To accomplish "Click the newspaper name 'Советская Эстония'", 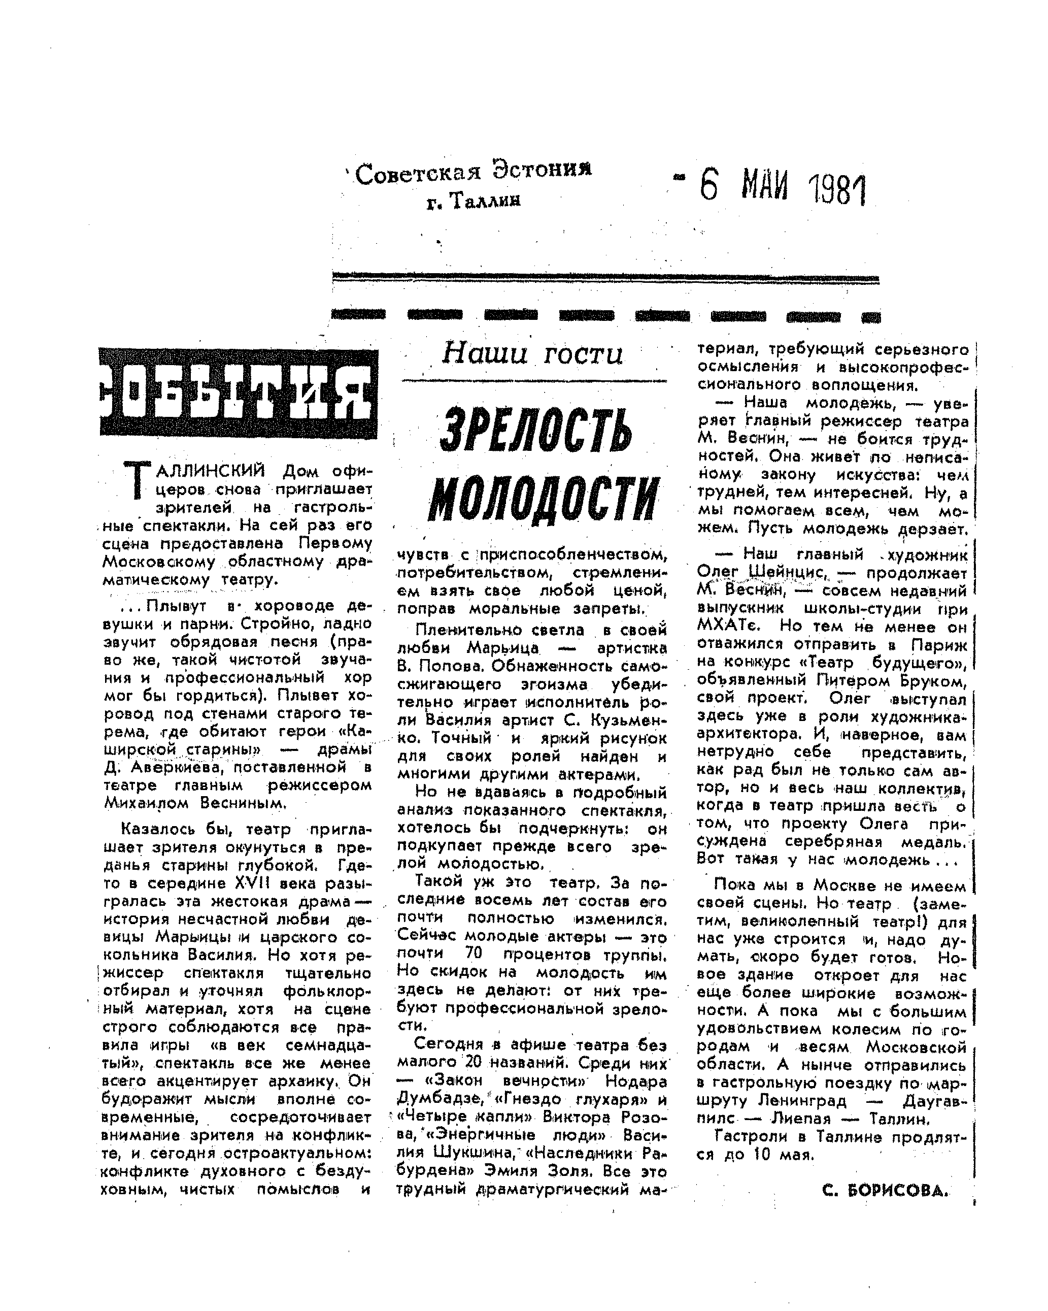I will [x=473, y=173].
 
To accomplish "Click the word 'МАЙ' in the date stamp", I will [x=764, y=187].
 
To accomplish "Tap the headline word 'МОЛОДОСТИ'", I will [x=544, y=499].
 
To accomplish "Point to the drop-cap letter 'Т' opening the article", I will [x=136, y=480].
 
